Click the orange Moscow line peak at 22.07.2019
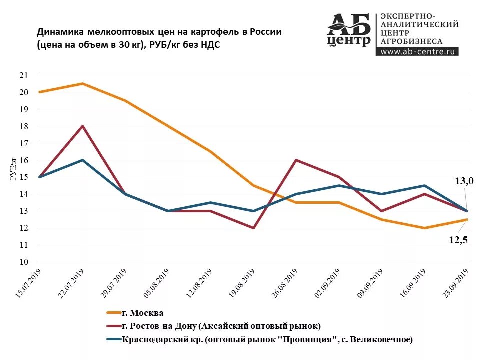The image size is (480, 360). click(x=82, y=84)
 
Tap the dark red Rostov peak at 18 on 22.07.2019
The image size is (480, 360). click(x=82, y=126)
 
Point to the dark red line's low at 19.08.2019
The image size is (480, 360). click(x=253, y=228)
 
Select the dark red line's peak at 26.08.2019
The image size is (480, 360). click(x=296, y=160)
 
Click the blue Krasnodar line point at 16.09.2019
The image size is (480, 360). click(x=424, y=186)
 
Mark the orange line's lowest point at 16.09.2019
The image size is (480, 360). click(x=424, y=228)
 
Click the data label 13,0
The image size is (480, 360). click(x=463, y=181)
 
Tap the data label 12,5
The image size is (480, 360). click(x=458, y=240)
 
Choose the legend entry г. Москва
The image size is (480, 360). click(x=142, y=313)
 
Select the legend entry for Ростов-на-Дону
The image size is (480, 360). click(x=220, y=326)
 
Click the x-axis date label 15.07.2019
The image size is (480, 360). click(x=29, y=283)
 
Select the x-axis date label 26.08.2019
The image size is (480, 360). click(x=285, y=283)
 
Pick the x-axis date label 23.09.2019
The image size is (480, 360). click(x=456, y=283)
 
